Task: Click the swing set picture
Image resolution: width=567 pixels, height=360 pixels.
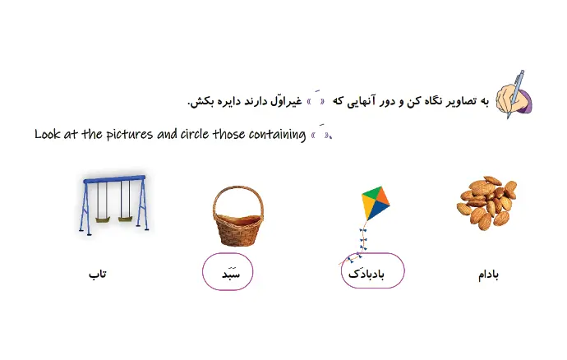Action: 114,205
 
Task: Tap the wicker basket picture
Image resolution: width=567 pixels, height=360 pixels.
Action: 238,216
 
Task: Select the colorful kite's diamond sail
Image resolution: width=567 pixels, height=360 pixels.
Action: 376,203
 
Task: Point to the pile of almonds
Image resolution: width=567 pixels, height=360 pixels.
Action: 487,203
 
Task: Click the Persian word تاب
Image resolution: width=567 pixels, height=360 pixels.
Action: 98,274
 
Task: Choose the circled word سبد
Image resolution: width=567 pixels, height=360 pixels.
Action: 231,274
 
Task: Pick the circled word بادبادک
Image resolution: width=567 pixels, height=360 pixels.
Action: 366,274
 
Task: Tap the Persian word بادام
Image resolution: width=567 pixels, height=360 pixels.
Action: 489,275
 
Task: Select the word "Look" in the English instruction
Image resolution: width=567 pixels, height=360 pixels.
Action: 48,134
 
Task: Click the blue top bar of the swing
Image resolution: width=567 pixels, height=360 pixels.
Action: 114,179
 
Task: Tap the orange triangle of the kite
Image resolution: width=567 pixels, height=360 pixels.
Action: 383,197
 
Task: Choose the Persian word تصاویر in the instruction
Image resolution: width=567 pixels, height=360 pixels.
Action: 459,102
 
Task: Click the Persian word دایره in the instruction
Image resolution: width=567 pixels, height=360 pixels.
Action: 226,101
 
